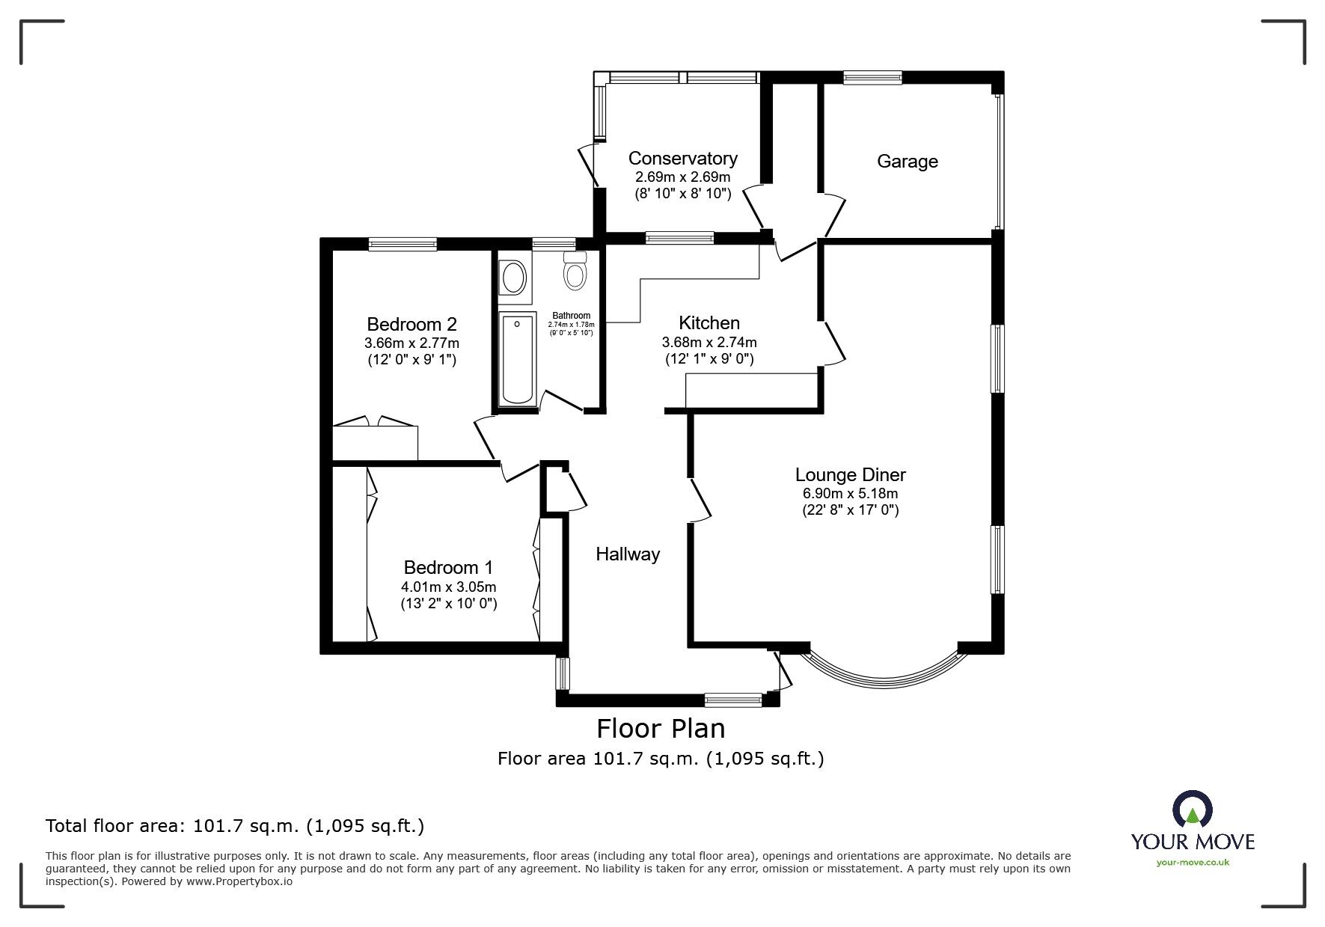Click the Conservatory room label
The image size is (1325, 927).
(682, 159)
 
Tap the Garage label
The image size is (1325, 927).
(907, 162)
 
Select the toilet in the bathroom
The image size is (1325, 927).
(575, 271)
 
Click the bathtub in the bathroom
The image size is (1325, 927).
(517, 360)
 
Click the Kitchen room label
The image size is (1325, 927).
(709, 323)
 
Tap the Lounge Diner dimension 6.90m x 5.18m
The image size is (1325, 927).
(850, 494)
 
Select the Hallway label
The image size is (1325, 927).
(628, 554)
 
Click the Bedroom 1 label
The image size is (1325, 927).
(448, 568)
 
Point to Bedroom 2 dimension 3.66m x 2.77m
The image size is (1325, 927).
(411, 343)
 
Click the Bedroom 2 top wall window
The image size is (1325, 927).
(403, 243)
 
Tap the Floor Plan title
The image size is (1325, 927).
(661, 728)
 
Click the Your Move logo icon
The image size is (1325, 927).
(1192, 810)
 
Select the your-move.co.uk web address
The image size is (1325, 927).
(1193, 862)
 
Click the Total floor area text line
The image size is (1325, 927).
(235, 826)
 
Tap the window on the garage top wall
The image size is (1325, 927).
(872, 76)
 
